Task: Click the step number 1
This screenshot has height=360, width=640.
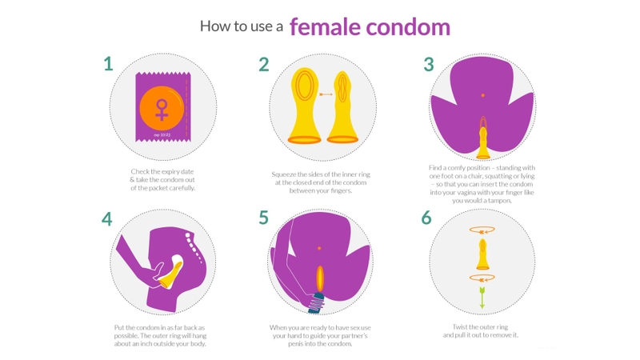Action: tap(108, 64)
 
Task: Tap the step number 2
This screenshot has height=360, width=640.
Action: tap(264, 65)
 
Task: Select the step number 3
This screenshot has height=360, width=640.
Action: tap(429, 64)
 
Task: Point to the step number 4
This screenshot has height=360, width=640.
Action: tap(107, 219)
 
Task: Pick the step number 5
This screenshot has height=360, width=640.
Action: tap(264, 218)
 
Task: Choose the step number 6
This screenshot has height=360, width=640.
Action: tap(426, 218)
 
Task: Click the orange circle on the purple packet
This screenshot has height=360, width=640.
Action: tap(162, 109)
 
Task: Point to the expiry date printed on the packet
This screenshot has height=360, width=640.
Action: tap(162, 134)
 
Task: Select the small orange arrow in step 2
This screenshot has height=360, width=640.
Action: tap(326, 94)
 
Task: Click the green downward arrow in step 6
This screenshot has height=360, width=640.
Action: tap(482, 298)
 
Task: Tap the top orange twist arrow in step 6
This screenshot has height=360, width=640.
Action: tap(482, 230)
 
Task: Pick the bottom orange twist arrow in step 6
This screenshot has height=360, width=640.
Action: tap(482, 278)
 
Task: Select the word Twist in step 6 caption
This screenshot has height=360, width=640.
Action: tap(461, 327)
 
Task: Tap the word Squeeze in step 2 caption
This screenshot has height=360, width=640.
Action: tap(284, 174)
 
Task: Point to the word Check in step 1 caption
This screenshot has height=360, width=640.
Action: tap(139, 171)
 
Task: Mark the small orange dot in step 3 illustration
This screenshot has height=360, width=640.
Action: tap(483, 95)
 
